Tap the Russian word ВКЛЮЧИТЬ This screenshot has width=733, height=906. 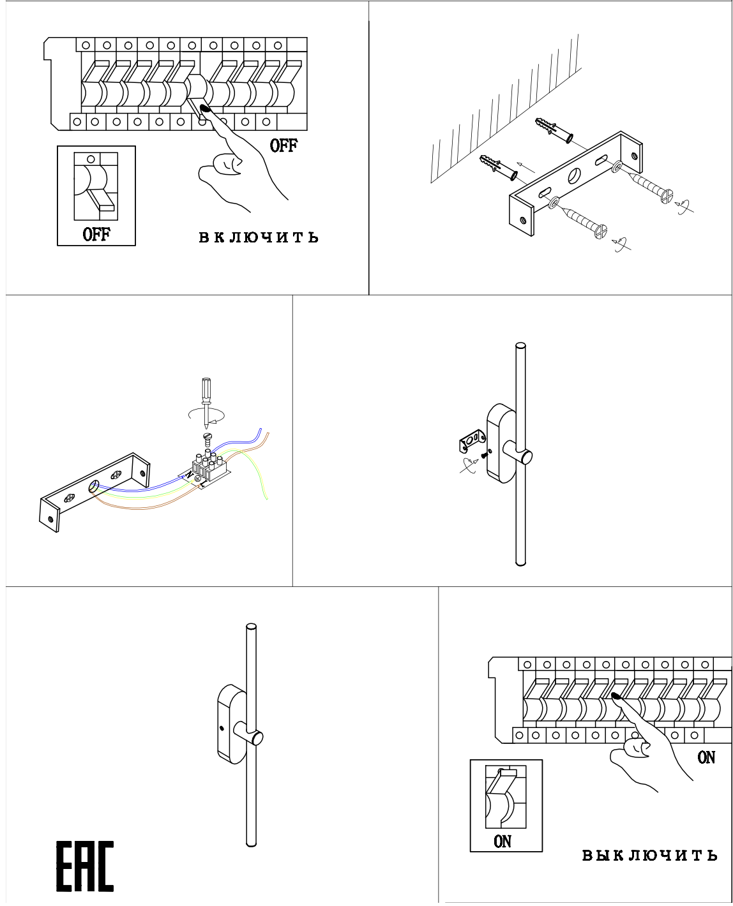(259, 237)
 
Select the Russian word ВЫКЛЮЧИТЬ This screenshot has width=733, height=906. (649, 855)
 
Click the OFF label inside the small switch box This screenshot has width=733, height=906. (96, 234)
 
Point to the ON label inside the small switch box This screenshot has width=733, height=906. (503, 841)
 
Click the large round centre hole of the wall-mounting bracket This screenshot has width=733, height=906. (575, 175)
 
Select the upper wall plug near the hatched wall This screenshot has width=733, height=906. (554, 130)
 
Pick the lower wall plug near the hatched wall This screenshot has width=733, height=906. (499, 167)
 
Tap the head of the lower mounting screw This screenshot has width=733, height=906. (600, 231)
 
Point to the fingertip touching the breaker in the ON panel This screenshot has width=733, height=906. (616, 697)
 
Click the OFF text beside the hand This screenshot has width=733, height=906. (283, 145)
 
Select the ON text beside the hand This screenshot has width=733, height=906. (706, 757)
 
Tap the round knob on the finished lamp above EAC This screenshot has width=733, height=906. (257, 738)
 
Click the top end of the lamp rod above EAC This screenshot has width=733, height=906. (251, 628)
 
